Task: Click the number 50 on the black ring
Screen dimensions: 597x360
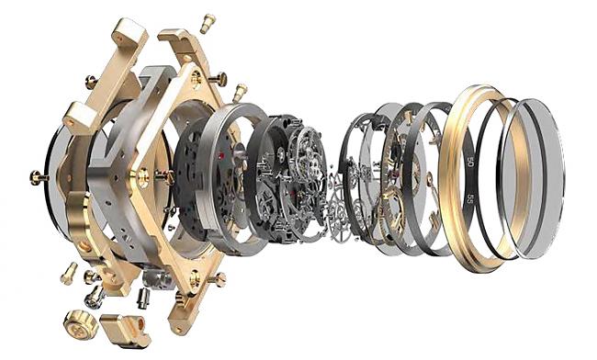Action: tap(471, 164)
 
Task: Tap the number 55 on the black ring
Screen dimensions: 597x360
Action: tap(470, 198)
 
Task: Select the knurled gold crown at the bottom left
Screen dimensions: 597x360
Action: tap(81, 324)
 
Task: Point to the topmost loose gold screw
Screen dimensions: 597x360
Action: tap(208, 23)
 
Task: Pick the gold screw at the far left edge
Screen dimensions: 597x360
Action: tap(39, 177)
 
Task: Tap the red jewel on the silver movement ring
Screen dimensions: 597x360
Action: tap(220, 156)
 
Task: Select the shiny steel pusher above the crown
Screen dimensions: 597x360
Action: tap(94, 298)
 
